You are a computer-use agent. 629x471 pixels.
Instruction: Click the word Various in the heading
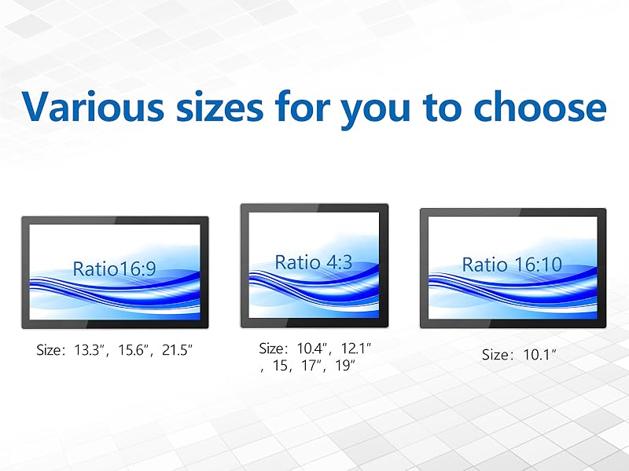93,106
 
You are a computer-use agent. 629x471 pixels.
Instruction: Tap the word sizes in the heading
219,107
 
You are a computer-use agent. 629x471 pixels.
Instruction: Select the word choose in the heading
539,106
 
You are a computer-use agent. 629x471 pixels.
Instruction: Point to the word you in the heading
376,110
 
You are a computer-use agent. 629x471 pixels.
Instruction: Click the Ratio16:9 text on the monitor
114,268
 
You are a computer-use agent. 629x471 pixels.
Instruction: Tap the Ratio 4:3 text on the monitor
314,262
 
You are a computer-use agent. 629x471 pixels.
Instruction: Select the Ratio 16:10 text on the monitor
512,265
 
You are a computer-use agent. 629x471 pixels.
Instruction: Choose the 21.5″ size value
177,350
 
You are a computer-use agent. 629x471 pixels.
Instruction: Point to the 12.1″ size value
356,349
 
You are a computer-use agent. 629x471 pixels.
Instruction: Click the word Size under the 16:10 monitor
495,355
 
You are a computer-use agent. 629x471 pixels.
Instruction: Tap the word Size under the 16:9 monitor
49,350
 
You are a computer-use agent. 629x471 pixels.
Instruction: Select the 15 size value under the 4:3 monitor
280,365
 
